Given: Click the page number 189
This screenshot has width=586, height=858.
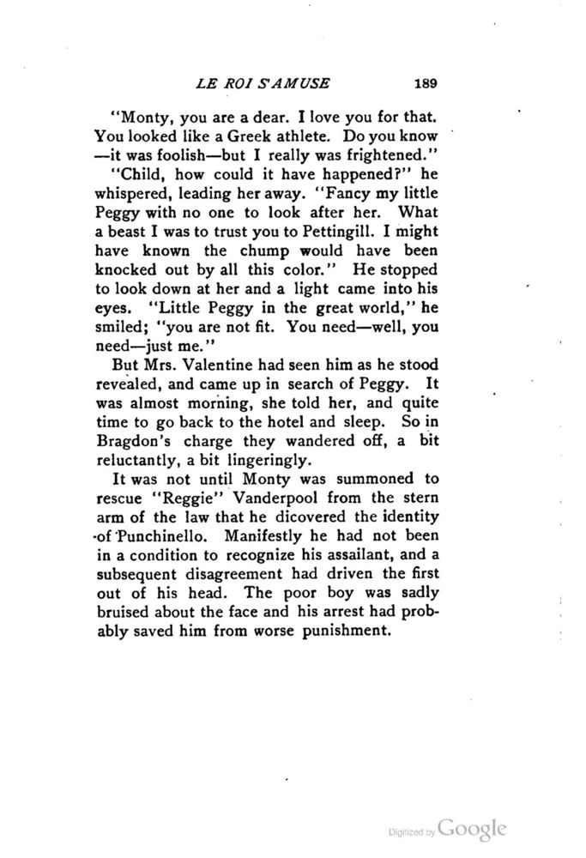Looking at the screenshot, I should pos(426,83).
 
